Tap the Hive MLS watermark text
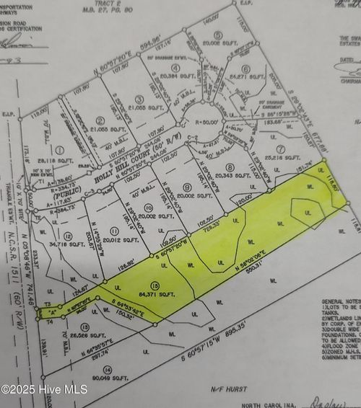tap(44, 389)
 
